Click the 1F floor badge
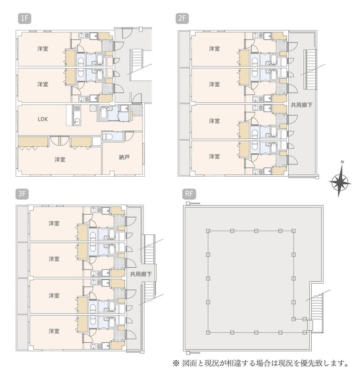[24, 18]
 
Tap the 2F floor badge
[182, 18]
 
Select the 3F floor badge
[22, 194]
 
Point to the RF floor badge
[189, 194]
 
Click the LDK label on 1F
[43, 119]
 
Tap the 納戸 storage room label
[124, 157]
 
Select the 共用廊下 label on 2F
[301, 105]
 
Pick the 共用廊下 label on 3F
[141, 274]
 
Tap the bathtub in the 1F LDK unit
[103, 113]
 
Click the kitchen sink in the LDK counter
[77, 121]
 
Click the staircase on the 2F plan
[310, 69]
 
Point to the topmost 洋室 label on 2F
[214, 49]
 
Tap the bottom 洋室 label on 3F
[54, 331]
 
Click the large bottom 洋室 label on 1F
[60, 159]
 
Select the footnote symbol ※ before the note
[176, 364]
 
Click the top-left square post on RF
[208, 231]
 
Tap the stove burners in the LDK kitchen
[77, 108]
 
